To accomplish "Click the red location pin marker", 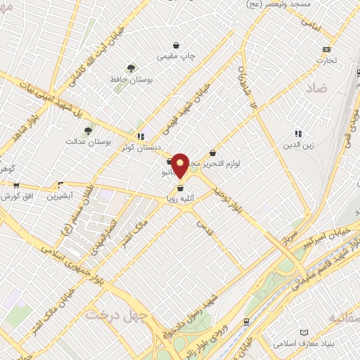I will (x=181, y=165).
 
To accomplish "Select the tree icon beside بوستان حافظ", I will (x=131, y=68).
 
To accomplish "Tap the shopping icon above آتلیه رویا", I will (x=181, y=188).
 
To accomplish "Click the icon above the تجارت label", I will (x=326, y=49).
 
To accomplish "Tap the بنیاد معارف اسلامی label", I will (x=304, y=344).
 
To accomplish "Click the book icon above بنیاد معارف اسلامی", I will (x=304, y=332).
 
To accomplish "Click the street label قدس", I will (x=205, y=227).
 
